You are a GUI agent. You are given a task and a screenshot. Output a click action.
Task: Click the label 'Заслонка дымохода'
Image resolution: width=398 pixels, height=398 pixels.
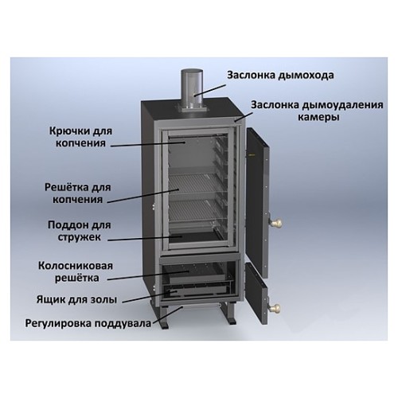(279, 76)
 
